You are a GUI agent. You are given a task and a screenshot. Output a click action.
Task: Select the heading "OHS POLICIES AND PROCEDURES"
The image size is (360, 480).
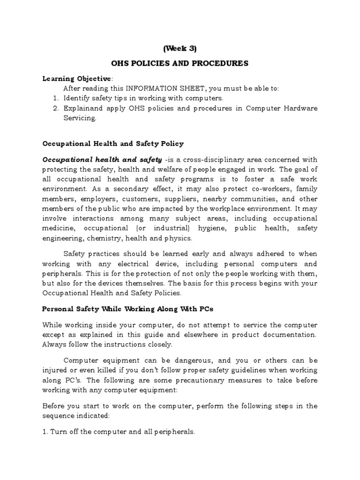coord(180,63)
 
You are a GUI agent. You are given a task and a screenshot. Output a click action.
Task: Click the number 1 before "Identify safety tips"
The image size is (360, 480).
coord(54,99)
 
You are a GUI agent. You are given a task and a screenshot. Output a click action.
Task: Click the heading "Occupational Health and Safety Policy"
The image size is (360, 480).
coord(113,144)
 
